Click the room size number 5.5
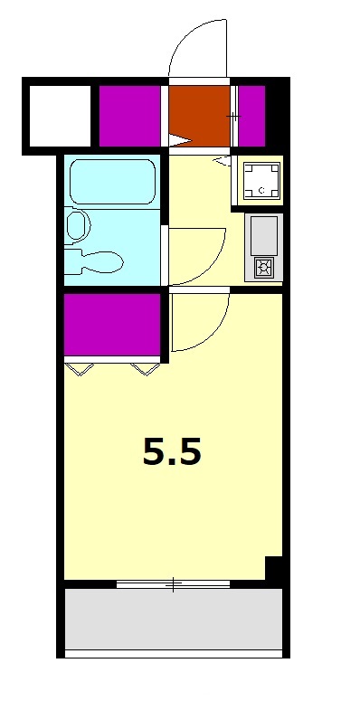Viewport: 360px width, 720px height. point(172,451)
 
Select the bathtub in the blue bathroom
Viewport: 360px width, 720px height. point(112,182)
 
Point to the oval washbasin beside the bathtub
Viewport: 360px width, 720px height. point(76,225)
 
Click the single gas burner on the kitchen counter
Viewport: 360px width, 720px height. point(264,267)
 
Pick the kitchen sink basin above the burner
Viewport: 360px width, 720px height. point(263,235)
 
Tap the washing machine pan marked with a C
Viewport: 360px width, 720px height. point(261,181)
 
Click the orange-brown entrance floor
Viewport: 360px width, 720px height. point(199,116)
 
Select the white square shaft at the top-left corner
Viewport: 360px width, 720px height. point(60,116)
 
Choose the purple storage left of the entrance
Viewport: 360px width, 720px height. point(129,116)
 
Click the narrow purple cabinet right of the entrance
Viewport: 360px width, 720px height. point(252,116)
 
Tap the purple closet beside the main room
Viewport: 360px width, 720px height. point(112,324)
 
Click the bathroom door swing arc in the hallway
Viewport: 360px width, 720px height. point(211,269)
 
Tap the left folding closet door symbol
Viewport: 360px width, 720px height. point(79,369)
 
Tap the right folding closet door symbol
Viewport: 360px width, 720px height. point(145,369)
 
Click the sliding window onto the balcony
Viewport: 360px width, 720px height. point(173,584)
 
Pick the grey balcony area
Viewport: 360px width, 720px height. point(173,619)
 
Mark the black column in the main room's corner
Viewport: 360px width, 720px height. point(274,568)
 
